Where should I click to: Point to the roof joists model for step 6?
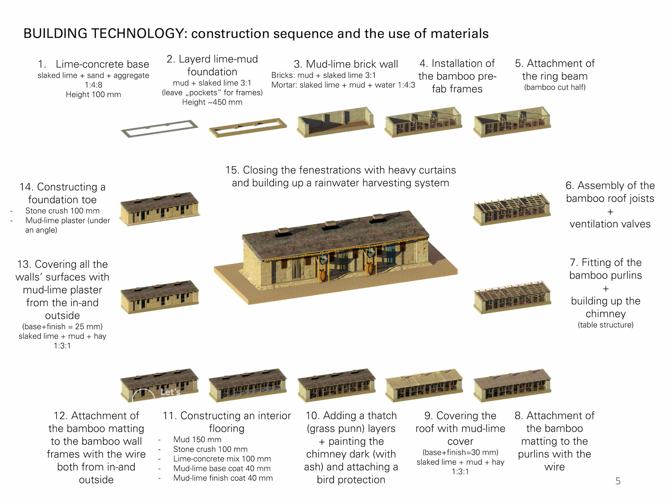click(x=512, y=209)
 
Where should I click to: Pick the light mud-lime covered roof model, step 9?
click(x=424, y=385)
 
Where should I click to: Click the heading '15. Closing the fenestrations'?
click(x=341, y=170)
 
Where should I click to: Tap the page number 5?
click(x=618, y=481)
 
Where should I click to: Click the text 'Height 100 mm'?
click(x=93, y=94)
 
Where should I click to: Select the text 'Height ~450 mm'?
click(x=212, y=102)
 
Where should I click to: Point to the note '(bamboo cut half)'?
click(x=555, y=87)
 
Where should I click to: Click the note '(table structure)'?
click(x=605, y=325)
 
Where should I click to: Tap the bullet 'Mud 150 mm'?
click(x=197, y=440)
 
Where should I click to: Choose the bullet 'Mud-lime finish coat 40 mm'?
click(x=223, y=478)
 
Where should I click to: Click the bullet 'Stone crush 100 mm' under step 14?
click(x=62, y=211)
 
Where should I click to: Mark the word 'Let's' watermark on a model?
click(x=170, y=392)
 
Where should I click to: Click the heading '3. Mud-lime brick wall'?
click(x=346, y=64)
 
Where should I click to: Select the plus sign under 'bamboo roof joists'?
click(x=610, y=212)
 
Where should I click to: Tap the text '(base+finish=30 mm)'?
click(x=460, y=452)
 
